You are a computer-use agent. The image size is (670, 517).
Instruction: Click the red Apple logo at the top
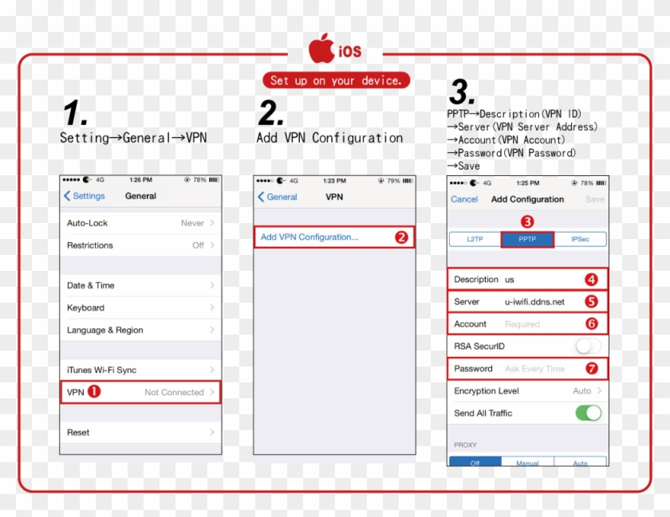(x=321, y=49)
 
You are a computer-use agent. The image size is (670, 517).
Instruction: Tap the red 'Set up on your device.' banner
(x=337, y=80)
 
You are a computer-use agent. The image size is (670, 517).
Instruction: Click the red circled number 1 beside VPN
(x=94, y=391)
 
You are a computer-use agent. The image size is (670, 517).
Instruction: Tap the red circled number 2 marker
(x=401, y=237)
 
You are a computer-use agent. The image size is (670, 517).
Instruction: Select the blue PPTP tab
(x=527, y=239)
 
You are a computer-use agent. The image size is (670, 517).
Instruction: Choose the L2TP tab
(x=475, y=239)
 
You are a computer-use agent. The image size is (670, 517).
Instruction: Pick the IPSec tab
(x=580, y=239)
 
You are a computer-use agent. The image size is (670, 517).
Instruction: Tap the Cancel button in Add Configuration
(x=464, y=199)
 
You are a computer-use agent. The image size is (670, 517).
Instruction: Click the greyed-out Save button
(x=595, y=199)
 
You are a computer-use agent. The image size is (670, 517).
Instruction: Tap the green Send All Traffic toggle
(x=589, y=413)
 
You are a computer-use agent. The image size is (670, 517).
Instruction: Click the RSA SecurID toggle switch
(x=589, y=346)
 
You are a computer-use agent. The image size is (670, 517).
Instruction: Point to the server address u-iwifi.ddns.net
(x=534, y=302)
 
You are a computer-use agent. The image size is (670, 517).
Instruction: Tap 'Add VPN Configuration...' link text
(x=309, y=237)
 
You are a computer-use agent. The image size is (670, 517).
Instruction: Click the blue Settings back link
(x=85, y=196)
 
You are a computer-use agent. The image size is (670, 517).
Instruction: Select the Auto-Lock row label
(x=87, y=223)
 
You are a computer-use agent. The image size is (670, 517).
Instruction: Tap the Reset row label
(x=78, y=433)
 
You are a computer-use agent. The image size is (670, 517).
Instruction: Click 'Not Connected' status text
(x=174, y=392)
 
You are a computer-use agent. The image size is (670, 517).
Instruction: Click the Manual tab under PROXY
(x=527, y=461)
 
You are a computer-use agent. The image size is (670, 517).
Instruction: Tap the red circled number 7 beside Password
(x=591, y=368)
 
